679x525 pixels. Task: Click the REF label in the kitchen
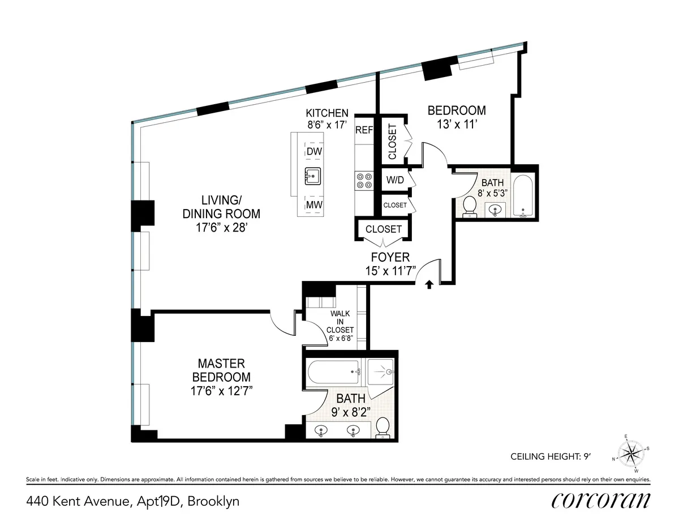coord(364,130)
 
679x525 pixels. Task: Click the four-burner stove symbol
coord(364,180)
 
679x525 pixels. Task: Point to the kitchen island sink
coord(313,177)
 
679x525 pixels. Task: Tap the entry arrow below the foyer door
coord(428,284)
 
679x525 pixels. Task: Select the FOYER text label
coord(390,258)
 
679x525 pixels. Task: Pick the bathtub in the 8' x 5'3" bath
coord(523,197)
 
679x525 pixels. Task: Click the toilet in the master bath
coord(383,428)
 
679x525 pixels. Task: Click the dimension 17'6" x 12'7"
coord(221,391)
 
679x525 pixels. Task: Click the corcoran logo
coord(600,500)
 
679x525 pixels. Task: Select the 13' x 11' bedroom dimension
coord(456,125)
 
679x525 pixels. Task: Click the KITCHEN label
coord(327,113)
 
